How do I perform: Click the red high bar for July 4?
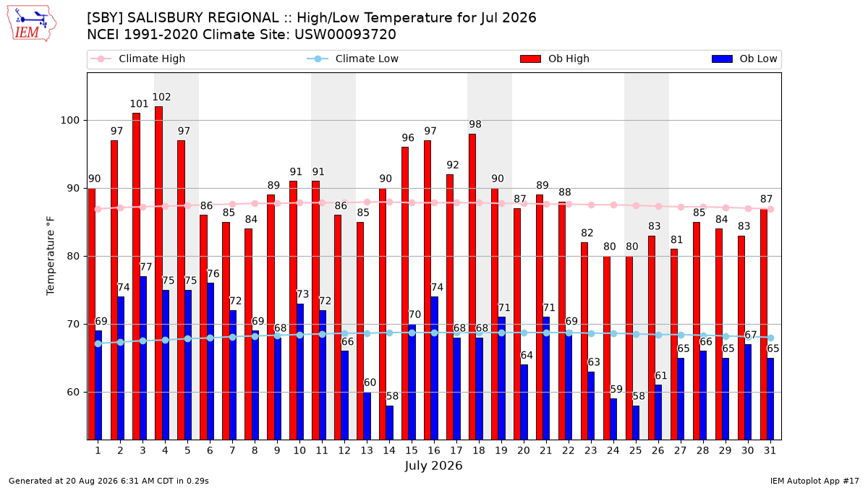tap(158, 273)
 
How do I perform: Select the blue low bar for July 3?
tap(143, 358)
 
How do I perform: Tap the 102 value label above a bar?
tap(161, 97)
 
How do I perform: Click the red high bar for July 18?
tap(472, 286)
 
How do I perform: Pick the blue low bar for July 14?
tap(389, 422)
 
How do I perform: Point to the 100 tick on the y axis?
tap(69, 121)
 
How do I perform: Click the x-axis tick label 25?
tap(636, 450)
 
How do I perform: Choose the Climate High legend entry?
tap(137, 59)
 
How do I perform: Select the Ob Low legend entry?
tap(744, 59)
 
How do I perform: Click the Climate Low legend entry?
tap(353, 59)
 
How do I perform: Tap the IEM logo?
tap(32, 24)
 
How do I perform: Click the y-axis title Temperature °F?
tap(51, 256)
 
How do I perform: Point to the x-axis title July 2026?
tap(433, 466)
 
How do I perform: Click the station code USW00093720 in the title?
tap(345, 35)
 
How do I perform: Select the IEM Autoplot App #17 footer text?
tap(814, 481)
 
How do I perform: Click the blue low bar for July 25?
tap(636, 422)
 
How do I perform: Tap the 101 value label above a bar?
tap(139, 104)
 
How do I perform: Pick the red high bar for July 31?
tap(763, 324)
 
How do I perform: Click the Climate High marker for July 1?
tap(98, 209)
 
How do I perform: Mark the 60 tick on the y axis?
tap(73, 393)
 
